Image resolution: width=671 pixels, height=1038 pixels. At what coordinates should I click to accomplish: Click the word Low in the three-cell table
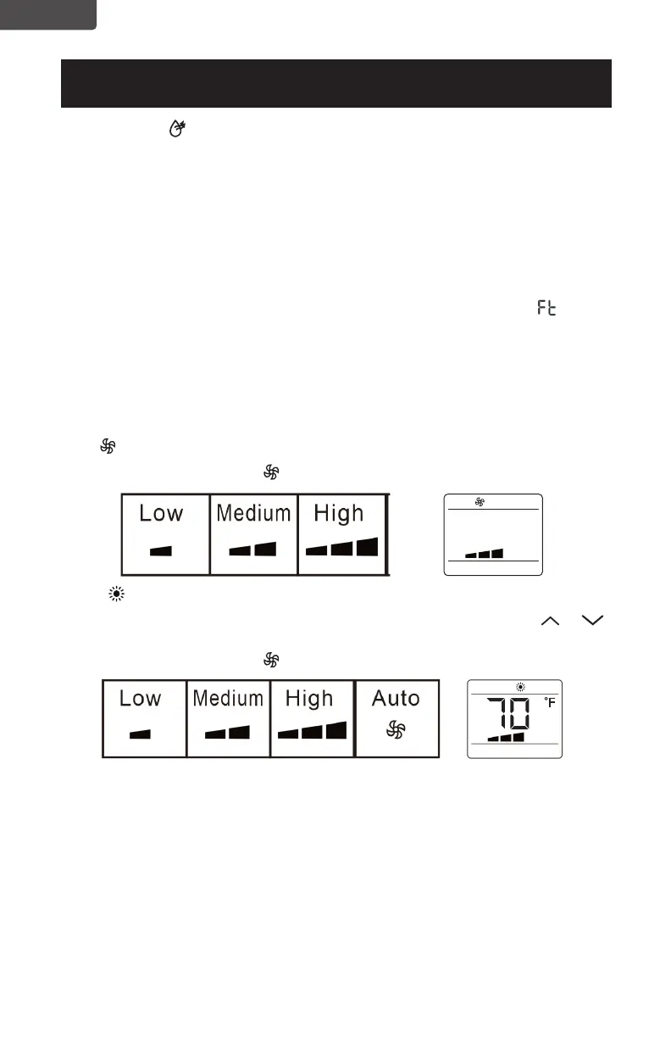point(161,513)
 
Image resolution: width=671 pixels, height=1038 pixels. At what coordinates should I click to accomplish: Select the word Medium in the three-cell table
point(253,513)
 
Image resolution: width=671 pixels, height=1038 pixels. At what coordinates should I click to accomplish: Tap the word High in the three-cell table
point(339,513)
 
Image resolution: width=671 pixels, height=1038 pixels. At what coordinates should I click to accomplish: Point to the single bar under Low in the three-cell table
point(161,550)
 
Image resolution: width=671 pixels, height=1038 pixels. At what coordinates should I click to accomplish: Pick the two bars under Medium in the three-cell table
point(252,549)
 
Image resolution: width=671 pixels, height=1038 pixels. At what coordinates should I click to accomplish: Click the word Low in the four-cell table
point(141,699)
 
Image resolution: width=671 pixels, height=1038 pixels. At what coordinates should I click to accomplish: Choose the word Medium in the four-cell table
point(228,699)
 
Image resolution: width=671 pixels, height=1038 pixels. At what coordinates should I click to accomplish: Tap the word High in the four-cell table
point(309,699)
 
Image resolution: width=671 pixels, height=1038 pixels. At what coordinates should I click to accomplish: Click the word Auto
point(396,698)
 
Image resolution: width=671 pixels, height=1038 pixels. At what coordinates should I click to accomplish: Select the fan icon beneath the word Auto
point(396,730)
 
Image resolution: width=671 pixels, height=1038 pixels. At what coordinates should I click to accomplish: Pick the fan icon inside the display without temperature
point(480,502)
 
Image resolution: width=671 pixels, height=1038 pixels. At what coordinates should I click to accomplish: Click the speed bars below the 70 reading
point(507,737)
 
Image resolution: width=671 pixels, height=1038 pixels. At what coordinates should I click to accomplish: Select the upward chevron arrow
point(551,622)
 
